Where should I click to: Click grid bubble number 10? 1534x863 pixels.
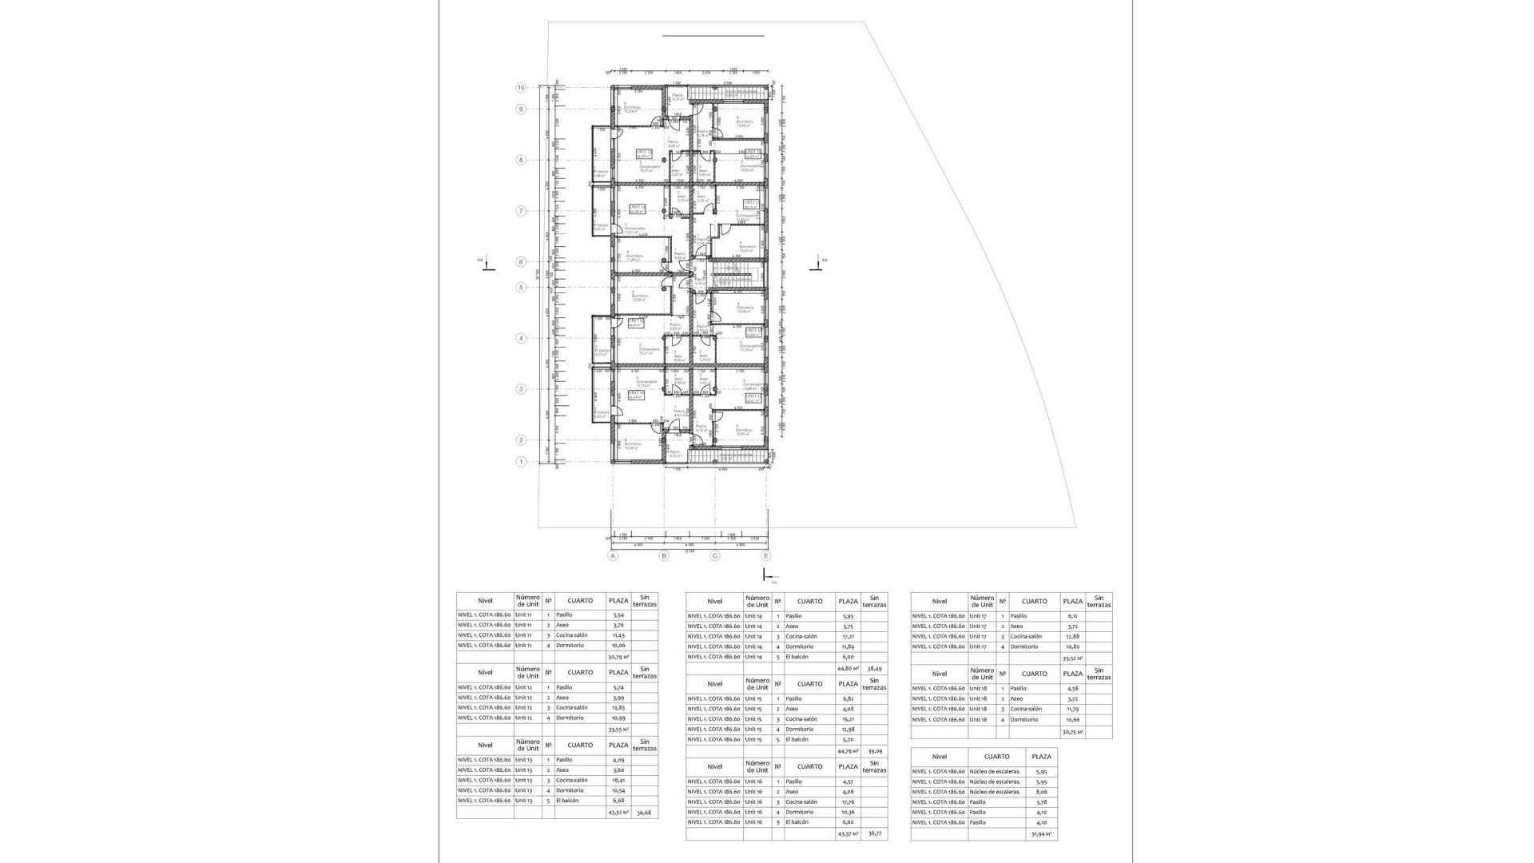click(x=521, y=88)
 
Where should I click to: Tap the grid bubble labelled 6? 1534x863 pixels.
click(x=521, y=262)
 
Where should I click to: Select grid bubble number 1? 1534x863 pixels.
click(x=521, y=462)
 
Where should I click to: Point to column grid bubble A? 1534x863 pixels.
click(x=614, y=556)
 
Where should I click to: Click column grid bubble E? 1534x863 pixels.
click(x=766, y=556)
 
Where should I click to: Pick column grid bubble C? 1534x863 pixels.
click(x=715, y=556)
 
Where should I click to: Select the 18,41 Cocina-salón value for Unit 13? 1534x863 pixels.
click(x=618, y=781)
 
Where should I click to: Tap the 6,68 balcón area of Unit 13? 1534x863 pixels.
click(x=618, y=801)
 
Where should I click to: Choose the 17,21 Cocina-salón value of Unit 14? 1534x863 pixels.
click(x=848, y=637)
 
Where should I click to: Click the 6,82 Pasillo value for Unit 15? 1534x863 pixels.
click(x=848, y=699)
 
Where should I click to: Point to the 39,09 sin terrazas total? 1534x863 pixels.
click(x=875, y=751)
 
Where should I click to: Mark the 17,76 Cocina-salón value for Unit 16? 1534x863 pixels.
click(x=848, y=802)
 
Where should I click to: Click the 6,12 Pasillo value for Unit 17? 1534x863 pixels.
click(x=1072, y=616)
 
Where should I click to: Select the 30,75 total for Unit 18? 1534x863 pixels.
click(x=1071, y=732)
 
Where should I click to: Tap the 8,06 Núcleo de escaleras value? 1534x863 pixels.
click(x=1040, y=792)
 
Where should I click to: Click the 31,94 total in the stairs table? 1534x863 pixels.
click(x=1040, y=834)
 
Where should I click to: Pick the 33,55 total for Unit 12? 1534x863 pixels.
click(x=618, y=730)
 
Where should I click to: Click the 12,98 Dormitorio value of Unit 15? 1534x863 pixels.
click(x=848, y=730)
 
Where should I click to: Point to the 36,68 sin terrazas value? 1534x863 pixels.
click(x=644, y=813)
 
